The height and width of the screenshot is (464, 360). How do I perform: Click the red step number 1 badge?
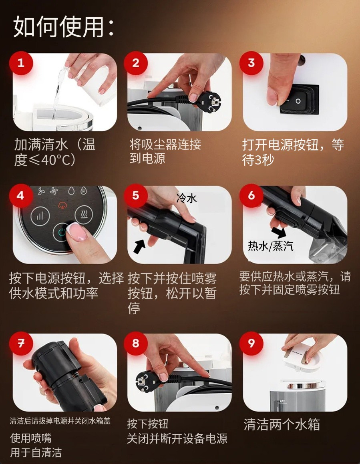tap(21, 63)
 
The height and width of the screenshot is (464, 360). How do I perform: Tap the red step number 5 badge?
tap(136, 195)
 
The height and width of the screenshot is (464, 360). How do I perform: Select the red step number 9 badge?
tap(251, 343)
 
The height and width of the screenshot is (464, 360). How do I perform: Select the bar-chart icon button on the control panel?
tap(40, 216)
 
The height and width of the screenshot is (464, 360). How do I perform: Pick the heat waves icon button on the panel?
tap(84, 214)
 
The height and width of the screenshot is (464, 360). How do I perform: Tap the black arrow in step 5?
tap(139, 247)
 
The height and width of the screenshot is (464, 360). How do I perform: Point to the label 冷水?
tap(187, 198)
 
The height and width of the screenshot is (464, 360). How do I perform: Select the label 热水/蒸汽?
tap(271, 246)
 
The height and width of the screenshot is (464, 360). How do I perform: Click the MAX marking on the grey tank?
tap(282, 402)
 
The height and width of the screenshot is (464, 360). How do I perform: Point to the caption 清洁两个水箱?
tap(282, 424)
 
